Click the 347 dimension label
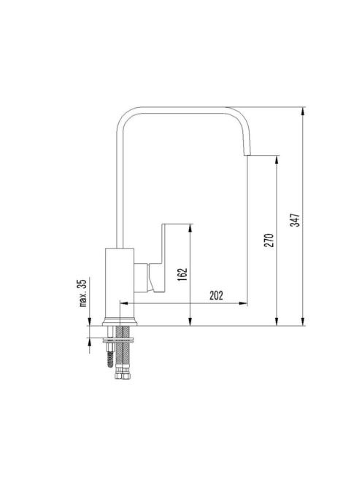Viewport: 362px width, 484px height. pos(296,220)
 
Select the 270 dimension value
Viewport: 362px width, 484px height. pos(269,241)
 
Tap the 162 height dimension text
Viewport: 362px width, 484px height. pos(182,275)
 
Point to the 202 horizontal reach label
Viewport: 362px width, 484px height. pos(216,296)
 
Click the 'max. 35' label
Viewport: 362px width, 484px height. pos(83,292)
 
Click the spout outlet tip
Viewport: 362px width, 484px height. pos(247,155)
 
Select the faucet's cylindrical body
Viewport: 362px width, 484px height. pos(120,283)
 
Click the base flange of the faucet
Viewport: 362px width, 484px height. pos(120,322)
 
